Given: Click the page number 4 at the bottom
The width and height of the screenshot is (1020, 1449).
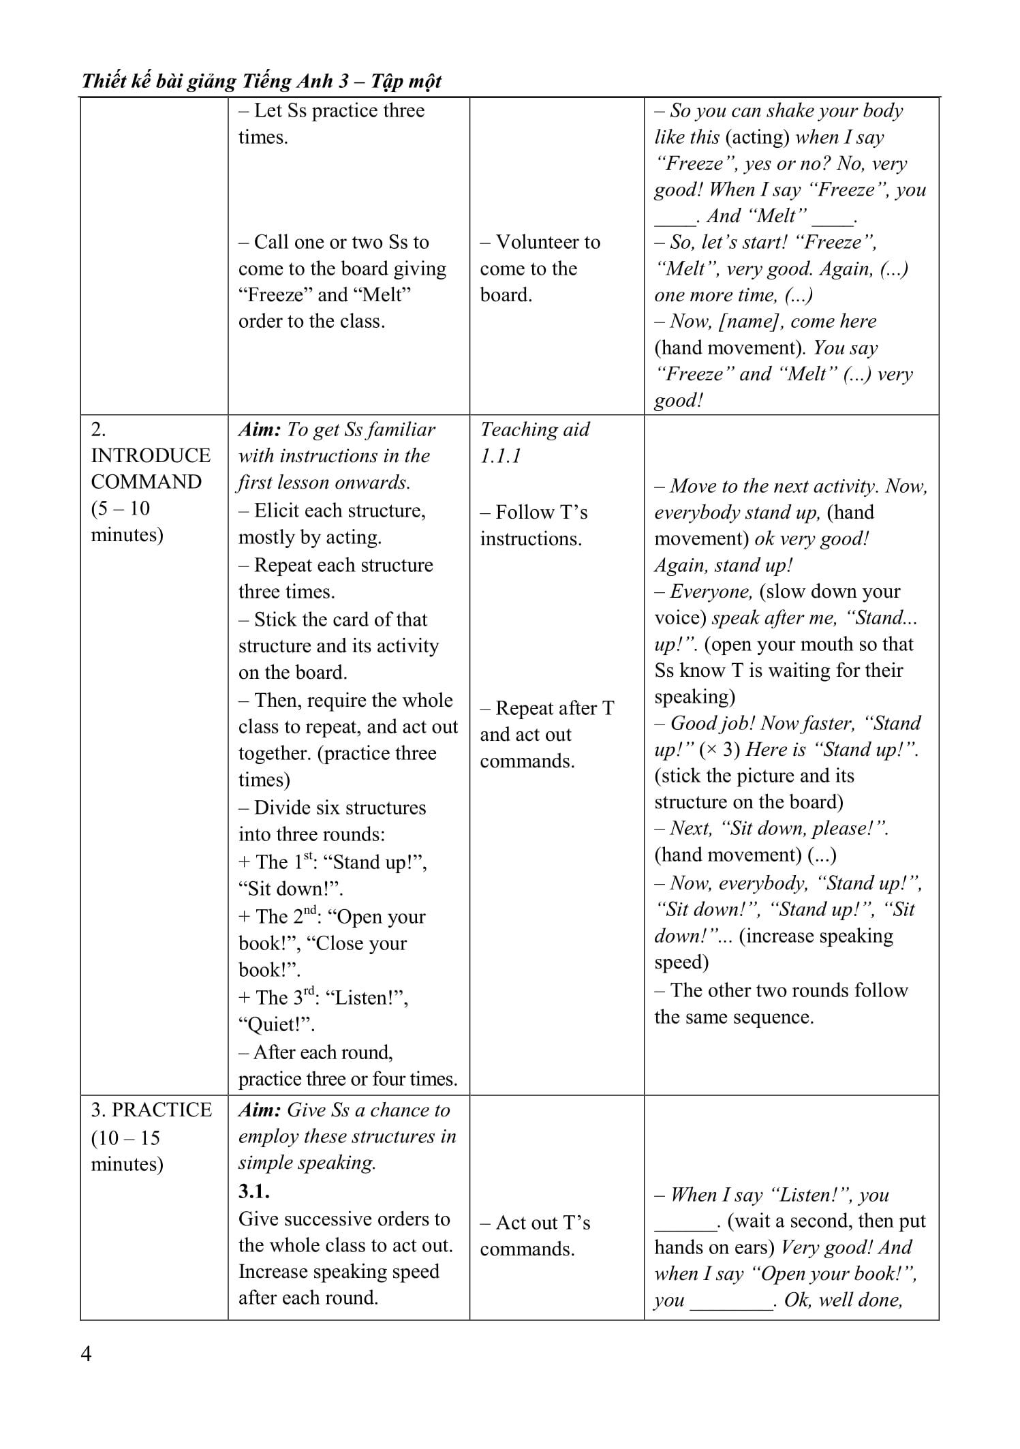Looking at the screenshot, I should coord(86,1353).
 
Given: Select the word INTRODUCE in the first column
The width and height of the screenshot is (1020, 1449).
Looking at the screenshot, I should coord(151,455).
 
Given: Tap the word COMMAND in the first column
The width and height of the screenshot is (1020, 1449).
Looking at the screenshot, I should coord(146,482).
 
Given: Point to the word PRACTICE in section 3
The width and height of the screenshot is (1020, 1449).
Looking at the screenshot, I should coord(161,1110).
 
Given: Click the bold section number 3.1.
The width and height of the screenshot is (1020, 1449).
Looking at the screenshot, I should coord(253,1191).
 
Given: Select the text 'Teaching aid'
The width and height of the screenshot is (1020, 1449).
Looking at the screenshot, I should coord(535,429).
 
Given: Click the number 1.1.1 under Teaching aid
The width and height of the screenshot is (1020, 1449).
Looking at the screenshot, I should coord(501,456).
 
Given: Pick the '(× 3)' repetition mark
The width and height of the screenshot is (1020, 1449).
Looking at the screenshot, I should coord(720,749).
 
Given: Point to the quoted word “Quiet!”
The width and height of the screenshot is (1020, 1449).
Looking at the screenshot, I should coord(277,1024).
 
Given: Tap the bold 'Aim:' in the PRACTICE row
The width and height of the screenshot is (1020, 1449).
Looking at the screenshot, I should coord(260,1110).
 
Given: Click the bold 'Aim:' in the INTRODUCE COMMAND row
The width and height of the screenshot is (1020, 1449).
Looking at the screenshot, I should coord(260,429).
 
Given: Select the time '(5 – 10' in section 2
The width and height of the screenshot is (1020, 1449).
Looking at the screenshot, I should coord(121,508).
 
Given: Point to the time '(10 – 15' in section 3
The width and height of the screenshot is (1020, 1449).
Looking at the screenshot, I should coord(125,1138).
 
